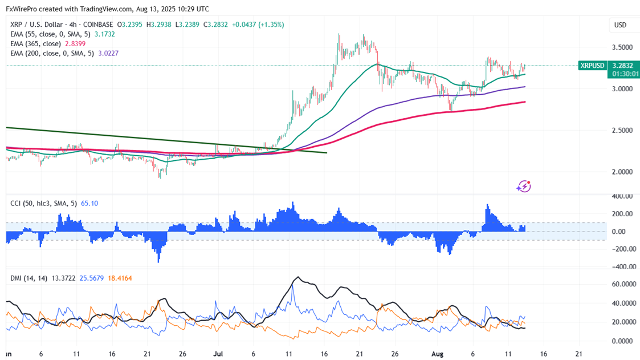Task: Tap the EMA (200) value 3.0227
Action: pos(107,54)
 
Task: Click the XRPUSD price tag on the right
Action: pos(592,66)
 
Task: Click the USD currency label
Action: pos(619,25)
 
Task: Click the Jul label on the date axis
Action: pos(218,354)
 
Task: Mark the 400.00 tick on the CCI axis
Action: pos(622,196)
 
